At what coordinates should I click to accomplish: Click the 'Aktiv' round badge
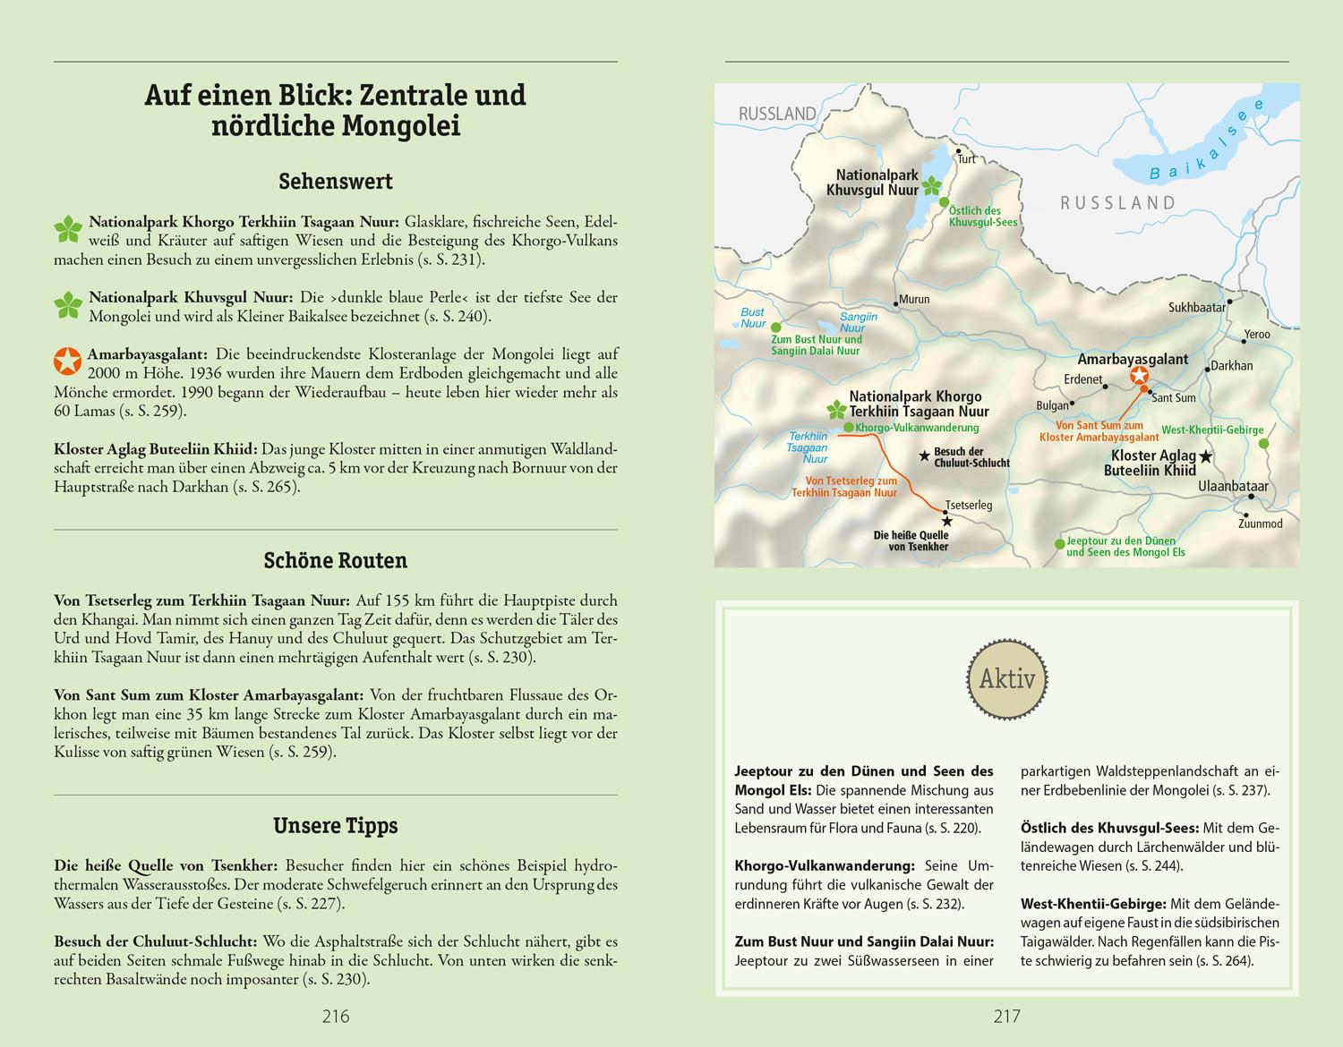1006,679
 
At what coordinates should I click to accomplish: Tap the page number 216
335,1016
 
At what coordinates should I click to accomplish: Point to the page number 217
1006,1016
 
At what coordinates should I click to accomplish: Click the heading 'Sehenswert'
335,182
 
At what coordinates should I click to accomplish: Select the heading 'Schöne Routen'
335,561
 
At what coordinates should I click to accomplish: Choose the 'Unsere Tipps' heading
335,826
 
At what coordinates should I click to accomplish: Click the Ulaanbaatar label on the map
1234,486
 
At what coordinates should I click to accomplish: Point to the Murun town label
913,300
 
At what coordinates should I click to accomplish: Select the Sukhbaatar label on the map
1197,308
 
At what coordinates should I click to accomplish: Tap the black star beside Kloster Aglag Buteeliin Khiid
1206,457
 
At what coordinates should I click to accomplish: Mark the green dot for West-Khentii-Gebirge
1263,443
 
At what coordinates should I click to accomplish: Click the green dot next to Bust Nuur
775,328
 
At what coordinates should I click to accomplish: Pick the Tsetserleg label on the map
969,506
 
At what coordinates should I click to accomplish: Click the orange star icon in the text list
66,362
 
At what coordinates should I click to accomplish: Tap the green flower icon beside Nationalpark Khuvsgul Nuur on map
932,187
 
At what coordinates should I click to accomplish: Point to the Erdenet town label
1082,379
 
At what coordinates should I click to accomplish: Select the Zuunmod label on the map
1260,523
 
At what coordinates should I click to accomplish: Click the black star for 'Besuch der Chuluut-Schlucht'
924,456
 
